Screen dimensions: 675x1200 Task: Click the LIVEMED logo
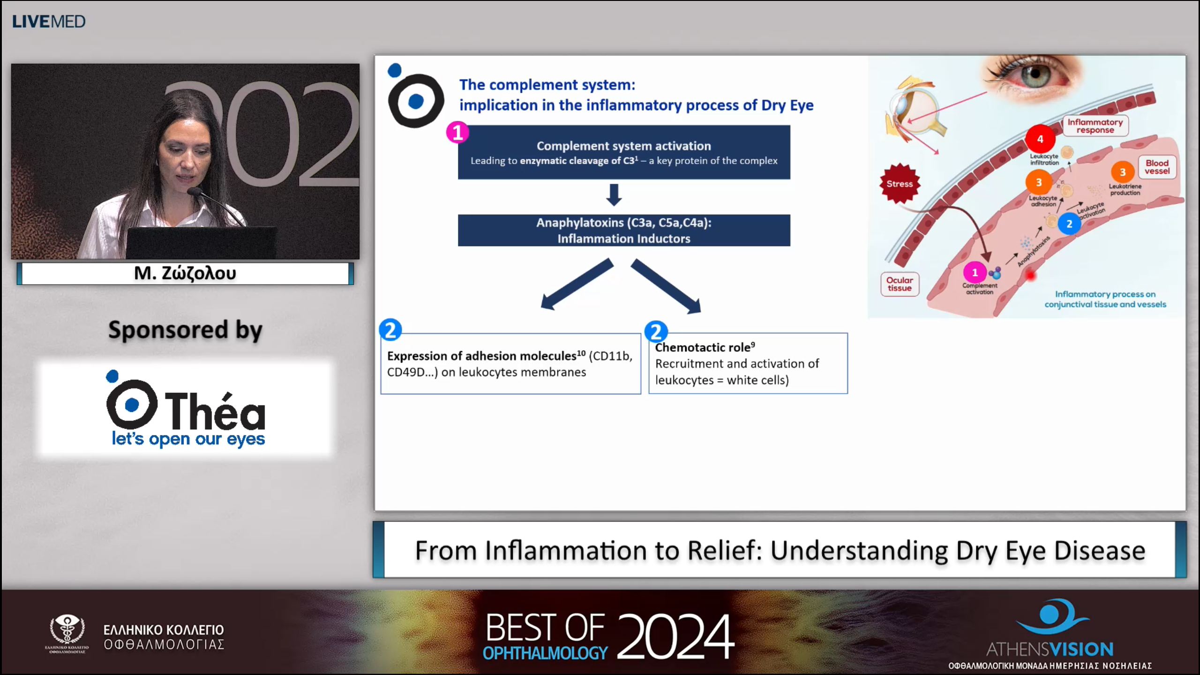tap(49, 22)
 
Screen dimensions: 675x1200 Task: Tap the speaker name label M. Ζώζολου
tap(185, 273)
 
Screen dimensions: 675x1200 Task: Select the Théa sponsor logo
tap(186, 409)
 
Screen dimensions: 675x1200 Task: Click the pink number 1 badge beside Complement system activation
tap(457, 132)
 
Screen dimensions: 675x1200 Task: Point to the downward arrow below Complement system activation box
tap(614, 195)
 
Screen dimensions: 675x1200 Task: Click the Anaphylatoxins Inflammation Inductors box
tap(623, 230)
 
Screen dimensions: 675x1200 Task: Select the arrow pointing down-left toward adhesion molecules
tap(577, 284)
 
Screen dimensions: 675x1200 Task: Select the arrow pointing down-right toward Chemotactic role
tap(666, 285)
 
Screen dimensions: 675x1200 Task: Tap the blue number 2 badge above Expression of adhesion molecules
tap(390, 330)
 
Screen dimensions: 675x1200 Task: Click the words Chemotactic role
tap(703, 348)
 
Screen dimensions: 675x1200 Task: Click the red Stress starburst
tap(900, 184)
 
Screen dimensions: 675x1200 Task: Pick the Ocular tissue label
tap(900, 284)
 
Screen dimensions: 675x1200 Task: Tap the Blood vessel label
tap(1157, 167)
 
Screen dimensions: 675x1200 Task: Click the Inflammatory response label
tap(1095, 126)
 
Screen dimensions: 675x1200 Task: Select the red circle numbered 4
tap(1040, 139)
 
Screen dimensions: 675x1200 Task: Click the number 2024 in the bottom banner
tap(675, 636)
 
